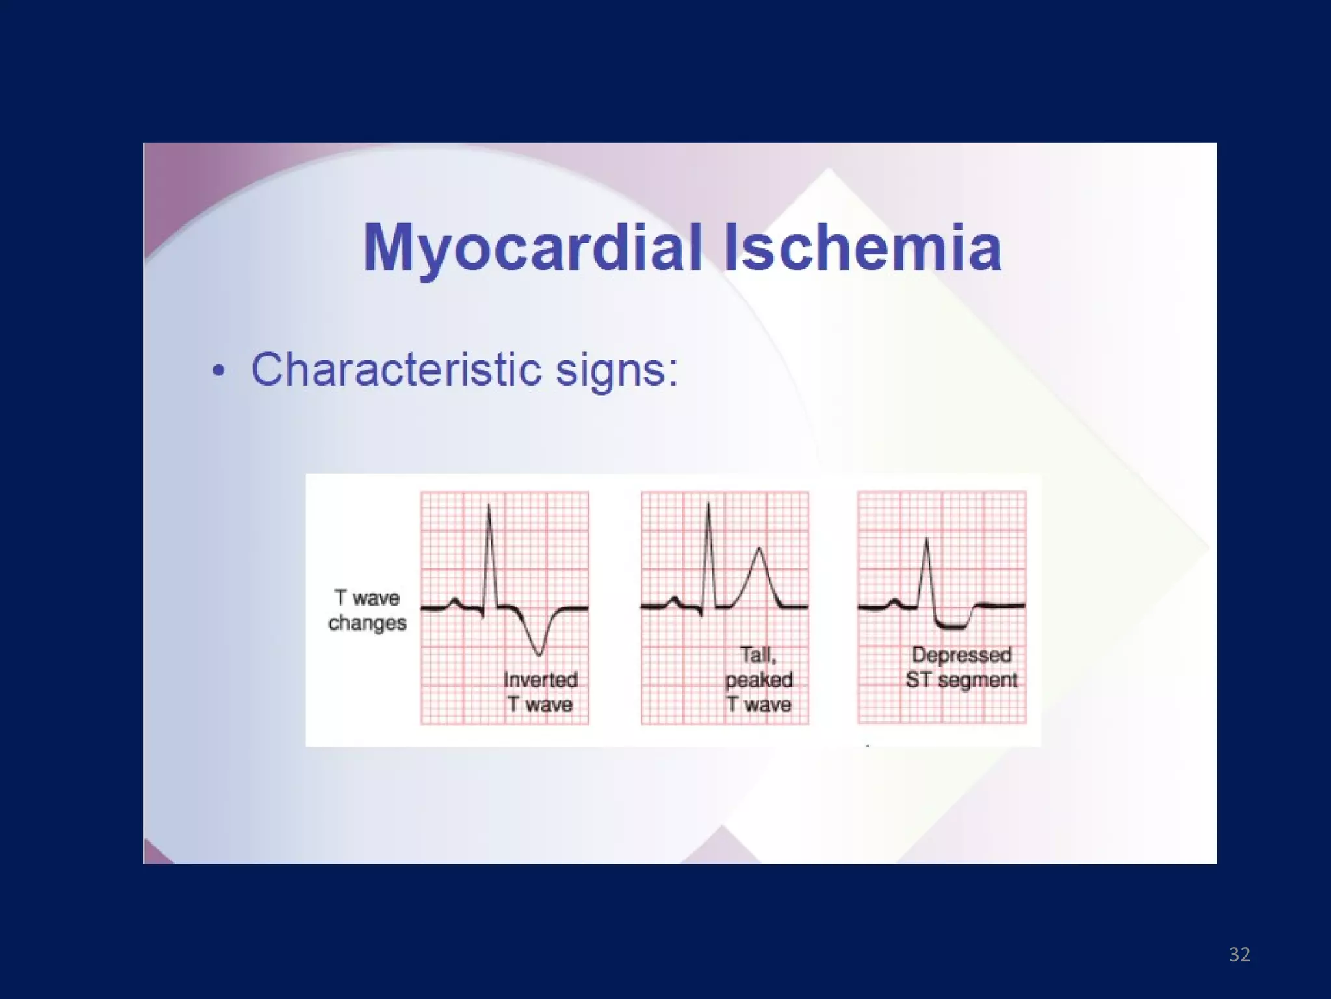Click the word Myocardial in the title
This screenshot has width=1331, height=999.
(x=533, y=248)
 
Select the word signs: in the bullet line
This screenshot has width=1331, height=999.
(x=617, y=371)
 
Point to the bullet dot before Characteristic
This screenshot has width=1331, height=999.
(x=219, y=371)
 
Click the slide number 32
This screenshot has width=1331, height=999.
(x=1239, y=954)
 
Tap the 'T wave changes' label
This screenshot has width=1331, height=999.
(x=367, y=610)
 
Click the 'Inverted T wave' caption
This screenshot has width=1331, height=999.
(x=540, y=692)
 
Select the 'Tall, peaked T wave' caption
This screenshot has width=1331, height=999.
(x=758, y=679)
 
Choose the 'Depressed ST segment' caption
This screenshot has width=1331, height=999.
(x=961, y=667)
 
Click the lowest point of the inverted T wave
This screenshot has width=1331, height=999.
(x=538, y=654)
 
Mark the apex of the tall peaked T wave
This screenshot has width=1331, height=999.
(x=759, y=548)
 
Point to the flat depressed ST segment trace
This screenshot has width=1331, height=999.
(x=952, y=626)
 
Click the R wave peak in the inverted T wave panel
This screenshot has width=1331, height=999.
(x=489, y=505)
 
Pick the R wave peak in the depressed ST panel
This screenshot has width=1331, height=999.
(x=926, y=539)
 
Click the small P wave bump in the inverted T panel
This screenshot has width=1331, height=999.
(x=456, y=600)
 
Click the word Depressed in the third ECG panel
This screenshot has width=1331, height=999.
(x=961, y=655)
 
